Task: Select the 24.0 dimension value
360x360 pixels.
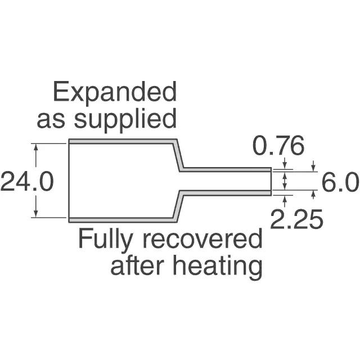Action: (x=27, y=181)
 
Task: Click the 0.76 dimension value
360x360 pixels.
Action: (x=278, y=147)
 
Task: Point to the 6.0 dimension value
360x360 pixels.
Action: (x=340, y=182)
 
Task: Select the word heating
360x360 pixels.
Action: (x=226, y=266)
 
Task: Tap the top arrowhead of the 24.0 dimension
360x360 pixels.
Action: (x=36, y=147)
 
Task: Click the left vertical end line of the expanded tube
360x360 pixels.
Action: (x=69, y=180)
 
